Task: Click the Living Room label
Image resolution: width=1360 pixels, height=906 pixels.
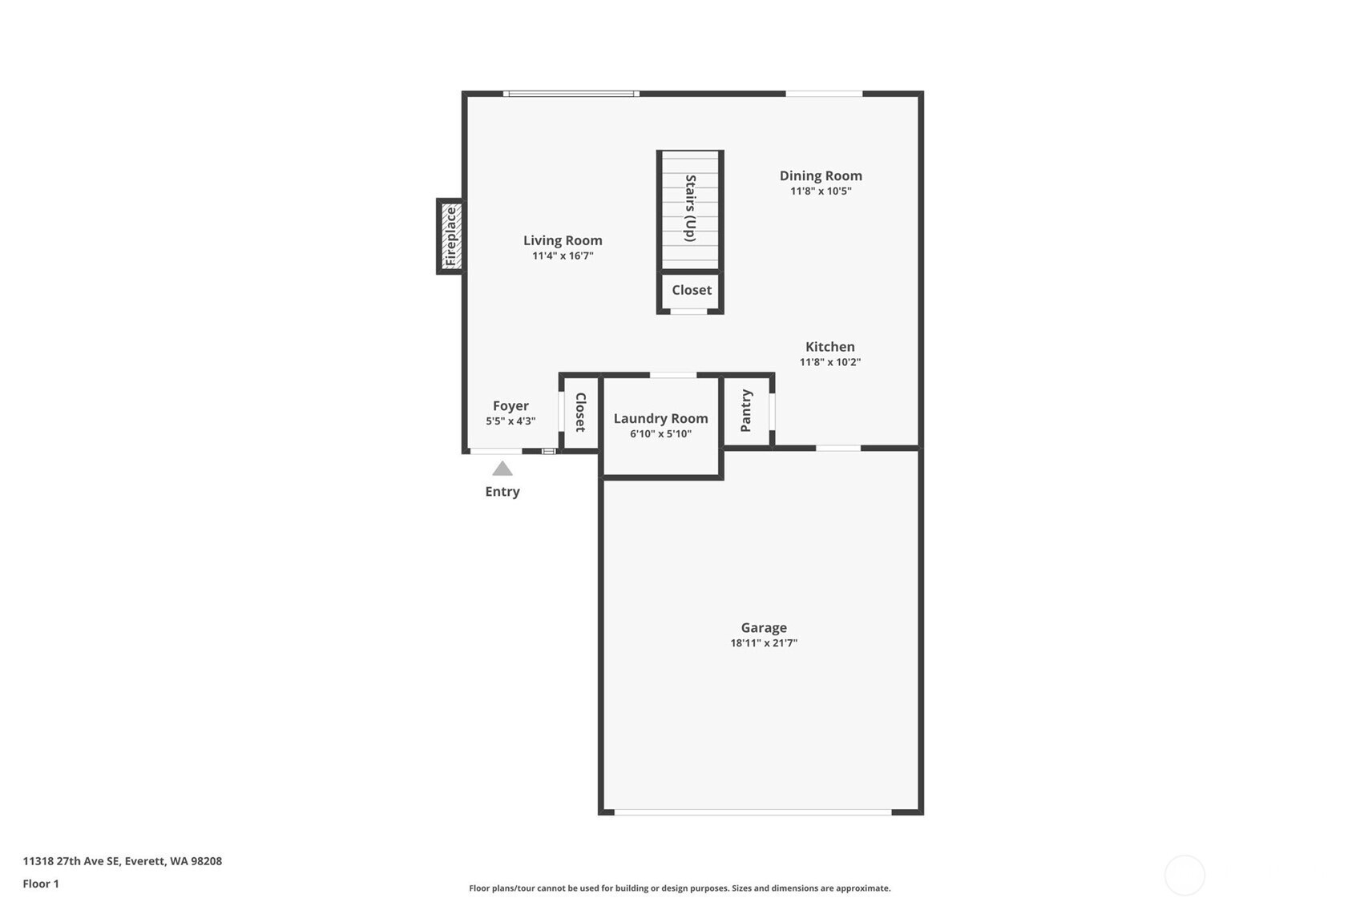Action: (563, 240)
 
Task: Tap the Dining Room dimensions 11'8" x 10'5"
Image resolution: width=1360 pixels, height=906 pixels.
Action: (821, 191)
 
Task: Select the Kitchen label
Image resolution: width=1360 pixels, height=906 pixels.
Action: (830, 347)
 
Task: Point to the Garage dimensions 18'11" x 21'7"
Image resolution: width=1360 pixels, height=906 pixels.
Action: (764, 643)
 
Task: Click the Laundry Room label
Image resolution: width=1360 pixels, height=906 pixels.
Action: (660, 418)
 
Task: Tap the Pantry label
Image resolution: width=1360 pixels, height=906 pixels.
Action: (746, 411)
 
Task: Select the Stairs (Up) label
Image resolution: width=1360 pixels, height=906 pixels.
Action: (690, 208)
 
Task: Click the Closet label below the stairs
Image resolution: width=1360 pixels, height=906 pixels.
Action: (692, 290)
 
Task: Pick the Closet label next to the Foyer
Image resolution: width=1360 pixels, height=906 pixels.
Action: (580, 413)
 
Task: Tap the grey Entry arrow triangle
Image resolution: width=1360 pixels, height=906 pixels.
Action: (502, 469)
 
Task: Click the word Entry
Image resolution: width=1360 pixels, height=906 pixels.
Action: (502, 492)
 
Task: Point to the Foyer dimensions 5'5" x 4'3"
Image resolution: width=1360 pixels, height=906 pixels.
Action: (511, 421)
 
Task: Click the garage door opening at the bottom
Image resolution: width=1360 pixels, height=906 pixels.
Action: (753, 812)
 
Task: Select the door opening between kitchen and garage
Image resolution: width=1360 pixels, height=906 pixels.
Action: (837, 449)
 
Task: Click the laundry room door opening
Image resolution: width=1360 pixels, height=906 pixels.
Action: (672, 375)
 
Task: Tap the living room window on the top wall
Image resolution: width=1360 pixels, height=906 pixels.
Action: (571, 94)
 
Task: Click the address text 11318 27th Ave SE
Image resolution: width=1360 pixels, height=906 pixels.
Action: (72, 861)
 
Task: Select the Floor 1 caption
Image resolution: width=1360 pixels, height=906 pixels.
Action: (41, 884)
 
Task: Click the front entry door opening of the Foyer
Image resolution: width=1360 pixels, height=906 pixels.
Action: (496, 452)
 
